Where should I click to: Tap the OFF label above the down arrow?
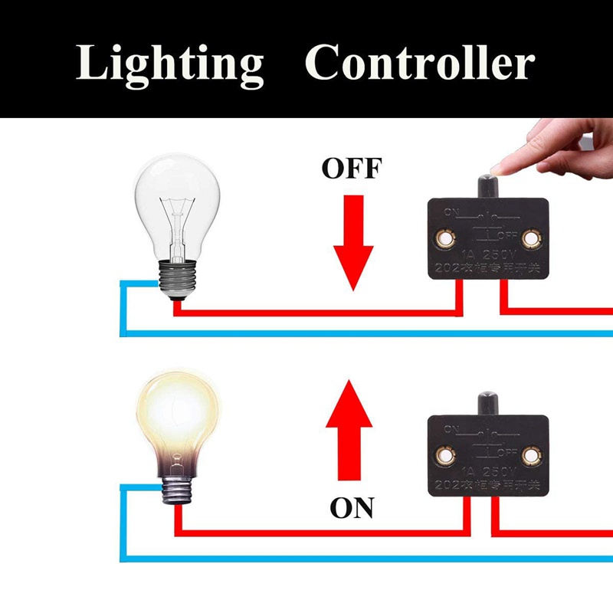[x=351, y=167]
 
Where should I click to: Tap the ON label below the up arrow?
[x=352, y=506]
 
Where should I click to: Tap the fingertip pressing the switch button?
[x=502, y=166]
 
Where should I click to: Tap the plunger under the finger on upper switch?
[x=487, y=186]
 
